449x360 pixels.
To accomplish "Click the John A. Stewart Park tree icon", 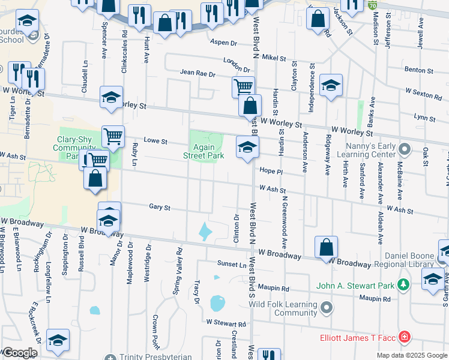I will [405, 284].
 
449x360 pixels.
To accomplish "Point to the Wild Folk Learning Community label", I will [283, 308].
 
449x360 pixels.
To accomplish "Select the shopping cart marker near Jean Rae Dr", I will [243, 87].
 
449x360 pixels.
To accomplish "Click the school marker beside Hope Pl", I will [247, 147].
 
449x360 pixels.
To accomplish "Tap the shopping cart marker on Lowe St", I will [113, 137].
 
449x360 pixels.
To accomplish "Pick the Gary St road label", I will [160, 208].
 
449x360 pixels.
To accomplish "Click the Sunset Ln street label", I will [232, 263].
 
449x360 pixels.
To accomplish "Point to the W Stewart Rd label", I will [226, 323].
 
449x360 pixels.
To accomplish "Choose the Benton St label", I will [419, 70].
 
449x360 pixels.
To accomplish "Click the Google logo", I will [20, 353].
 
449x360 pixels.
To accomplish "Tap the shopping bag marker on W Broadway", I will [325, 247].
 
